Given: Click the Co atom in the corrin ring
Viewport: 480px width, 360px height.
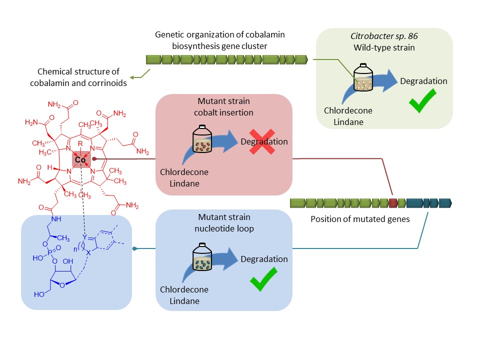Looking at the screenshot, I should [80, 160].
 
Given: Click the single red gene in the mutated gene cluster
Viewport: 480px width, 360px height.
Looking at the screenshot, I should [393, 203].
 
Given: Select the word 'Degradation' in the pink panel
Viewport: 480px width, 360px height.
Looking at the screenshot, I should [264, 141].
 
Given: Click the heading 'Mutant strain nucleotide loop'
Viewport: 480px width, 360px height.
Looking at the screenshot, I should [223, 222].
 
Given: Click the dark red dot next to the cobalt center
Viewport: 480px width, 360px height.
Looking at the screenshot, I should [94, 158].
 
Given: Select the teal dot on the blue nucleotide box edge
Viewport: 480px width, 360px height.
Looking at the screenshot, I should [134, 248].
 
